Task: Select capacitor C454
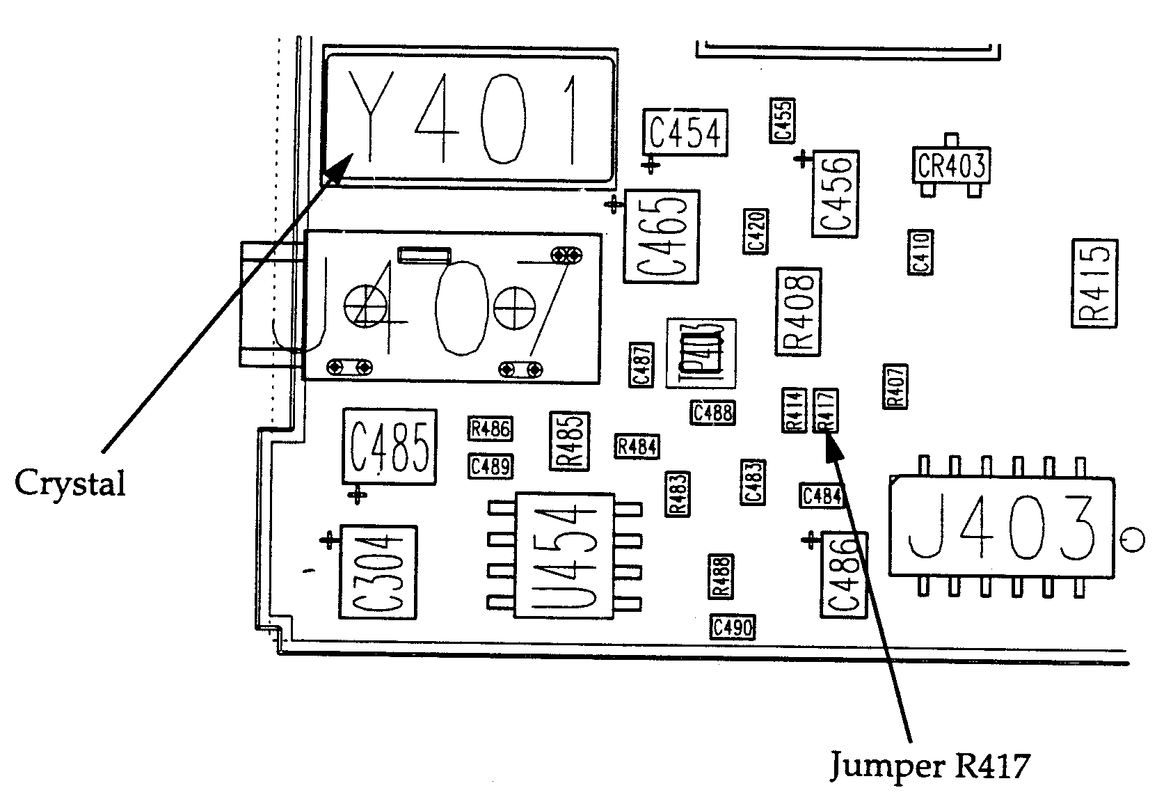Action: (685, 132)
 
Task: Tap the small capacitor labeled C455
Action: (783, 120)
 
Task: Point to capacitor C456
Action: (834, 194)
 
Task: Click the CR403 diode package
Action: (951, 166)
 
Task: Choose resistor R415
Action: (1094, 283)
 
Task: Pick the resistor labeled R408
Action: (798, 311)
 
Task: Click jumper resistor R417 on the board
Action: (826, 410)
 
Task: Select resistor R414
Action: (795, 410)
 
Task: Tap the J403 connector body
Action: (1001, 527)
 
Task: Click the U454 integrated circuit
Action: (564, 555)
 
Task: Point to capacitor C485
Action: (389, 446)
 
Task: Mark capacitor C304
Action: (377, 572)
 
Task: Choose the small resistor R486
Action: (490, 429)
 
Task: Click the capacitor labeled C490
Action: (732, 627)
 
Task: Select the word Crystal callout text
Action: (70, 482)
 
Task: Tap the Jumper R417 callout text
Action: (929, 766)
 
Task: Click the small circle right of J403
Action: (1134, 539)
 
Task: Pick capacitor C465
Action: (662, 237)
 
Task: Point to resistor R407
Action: (895, 386)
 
